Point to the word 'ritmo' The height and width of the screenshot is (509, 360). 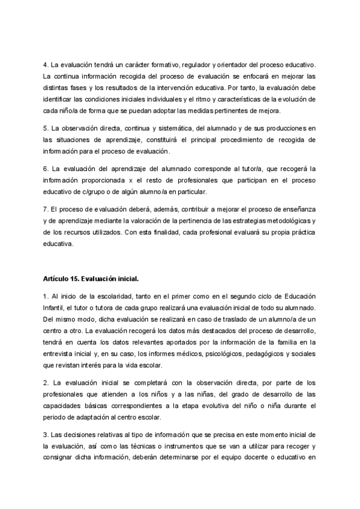(209, 98)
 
